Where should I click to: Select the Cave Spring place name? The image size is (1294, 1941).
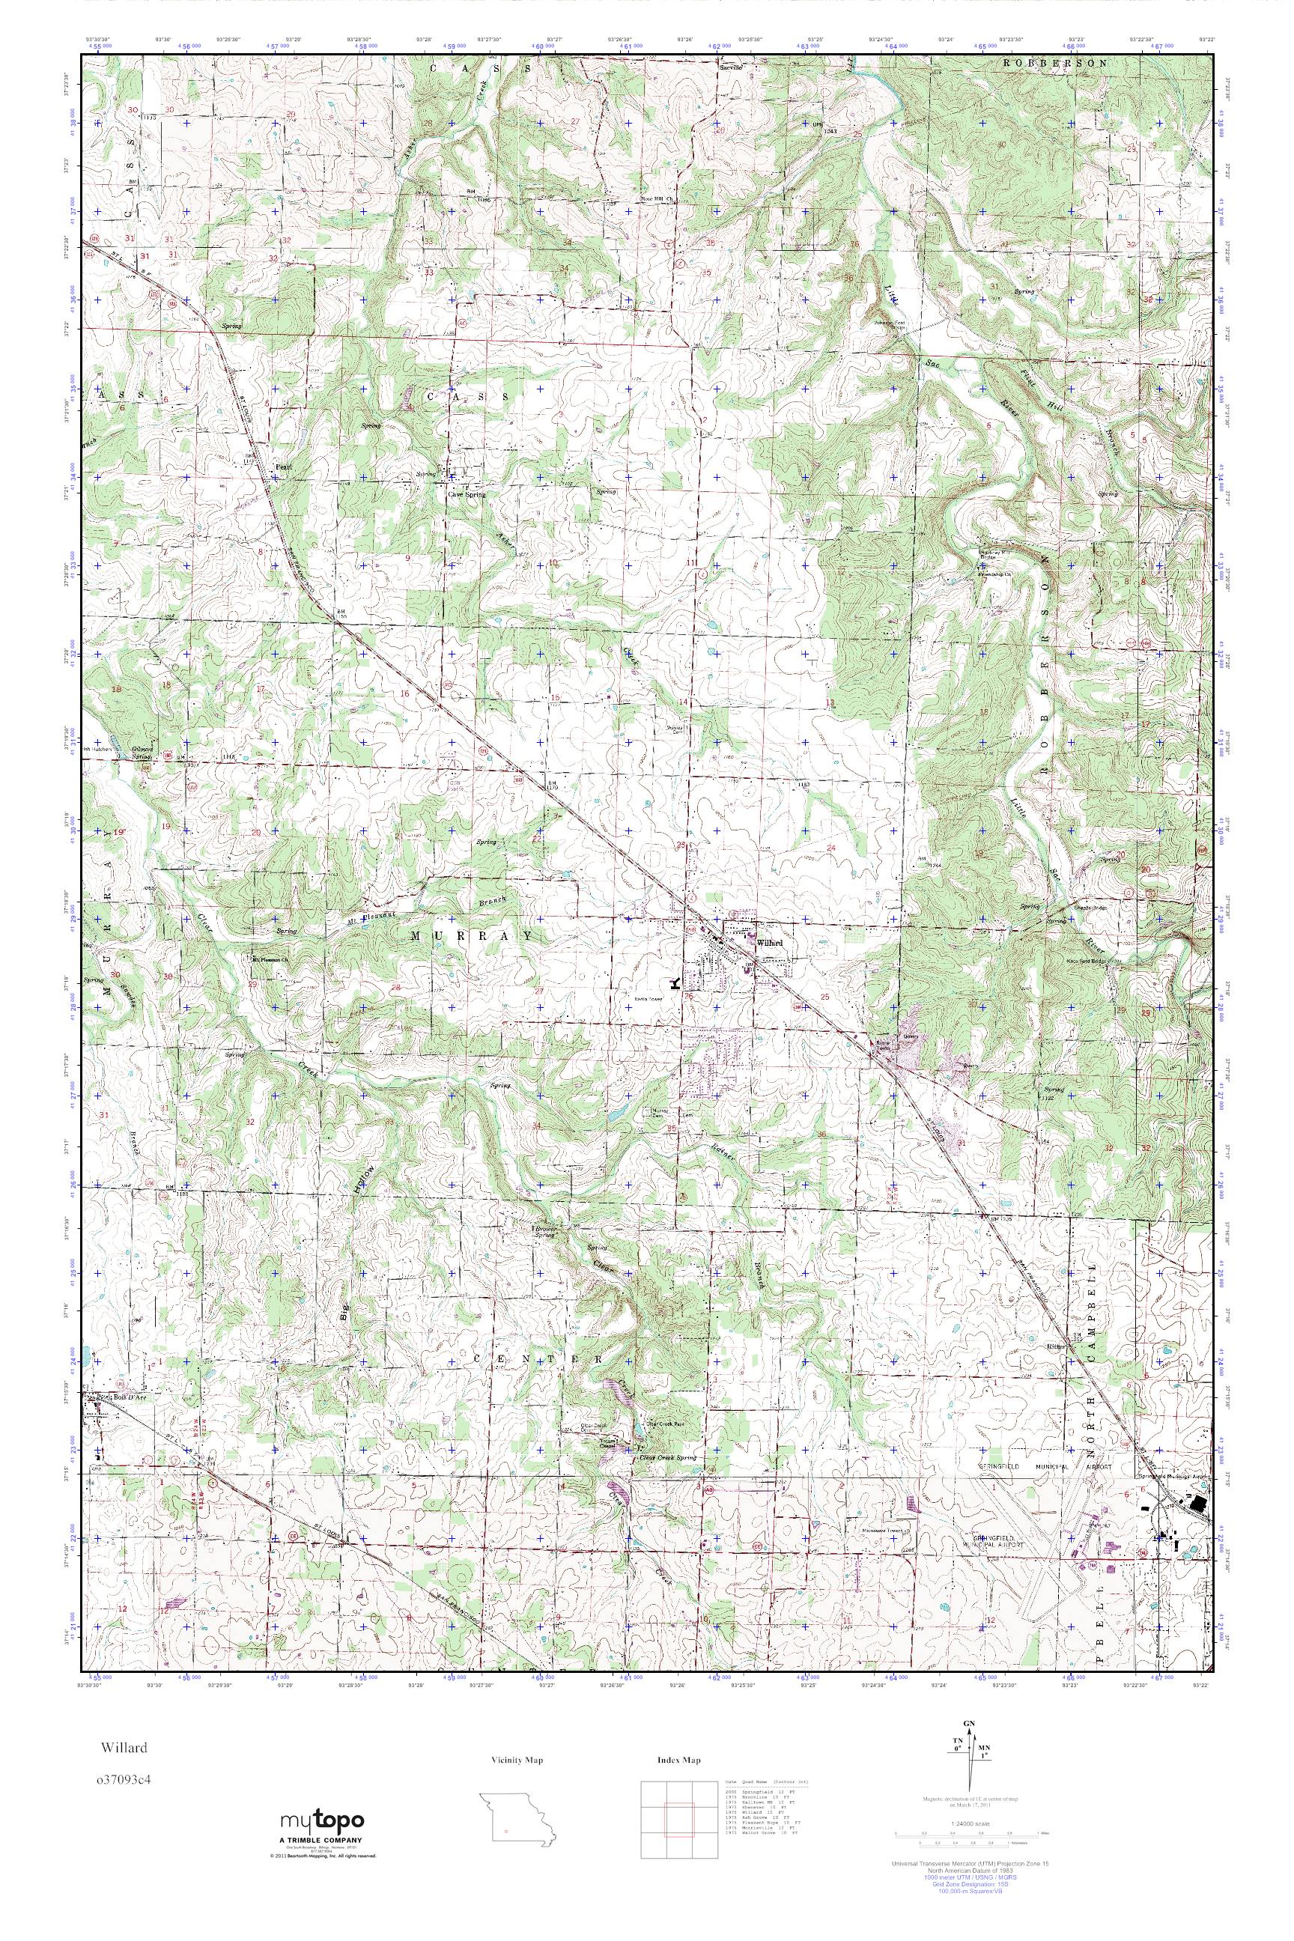(x=467, y=494)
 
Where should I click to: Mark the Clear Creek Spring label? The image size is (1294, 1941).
(x=669, y=1458)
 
